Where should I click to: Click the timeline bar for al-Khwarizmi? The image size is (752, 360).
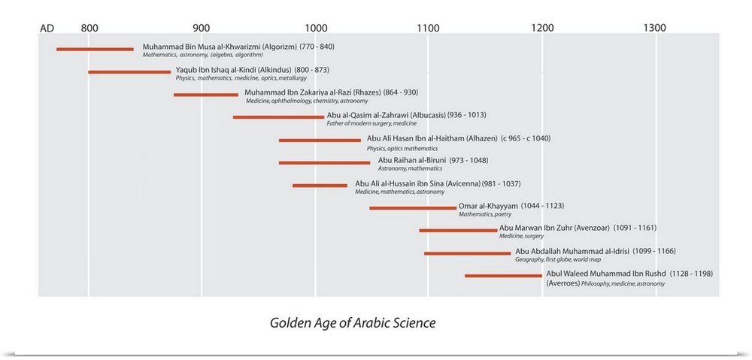click(x=95, y=50)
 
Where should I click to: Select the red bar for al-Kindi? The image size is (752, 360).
click(x=129, y=72)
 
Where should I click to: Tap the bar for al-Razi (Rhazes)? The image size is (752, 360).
click(x=206, y=95)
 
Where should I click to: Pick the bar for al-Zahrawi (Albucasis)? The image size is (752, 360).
click(x=278, y=117)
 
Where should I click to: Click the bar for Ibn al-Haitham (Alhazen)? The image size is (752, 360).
click(x=320, y=141)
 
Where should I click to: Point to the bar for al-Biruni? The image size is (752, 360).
click(x=324, y=162)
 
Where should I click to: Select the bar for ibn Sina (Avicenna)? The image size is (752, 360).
click(x=320, y=185)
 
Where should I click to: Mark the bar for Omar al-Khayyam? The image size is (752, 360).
click(x=413, y=207)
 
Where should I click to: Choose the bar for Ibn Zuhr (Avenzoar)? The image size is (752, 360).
click(x=458, y=230)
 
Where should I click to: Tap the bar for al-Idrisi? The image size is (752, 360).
click(x=467, y=253)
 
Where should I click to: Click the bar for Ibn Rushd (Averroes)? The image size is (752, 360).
click(x=503, y=276)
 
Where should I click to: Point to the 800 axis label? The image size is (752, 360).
click(x=89, y=28)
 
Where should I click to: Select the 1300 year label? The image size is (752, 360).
click(x=654, y=28)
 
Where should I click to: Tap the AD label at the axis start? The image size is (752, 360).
click(x=47, y=29)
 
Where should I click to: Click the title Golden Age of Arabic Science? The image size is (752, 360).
click(x=353, y=323)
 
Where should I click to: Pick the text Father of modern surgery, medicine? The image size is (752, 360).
click(x=371, y=123)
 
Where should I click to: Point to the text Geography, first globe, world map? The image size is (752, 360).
click(x=558, y=259)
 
